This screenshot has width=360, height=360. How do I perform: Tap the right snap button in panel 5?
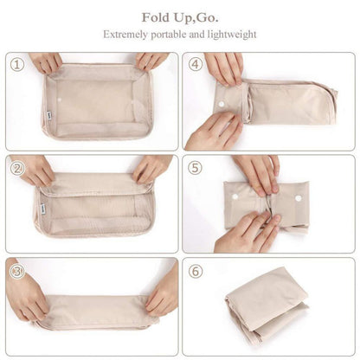point(297,196)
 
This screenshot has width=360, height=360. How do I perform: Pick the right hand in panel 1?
point(151,61)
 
